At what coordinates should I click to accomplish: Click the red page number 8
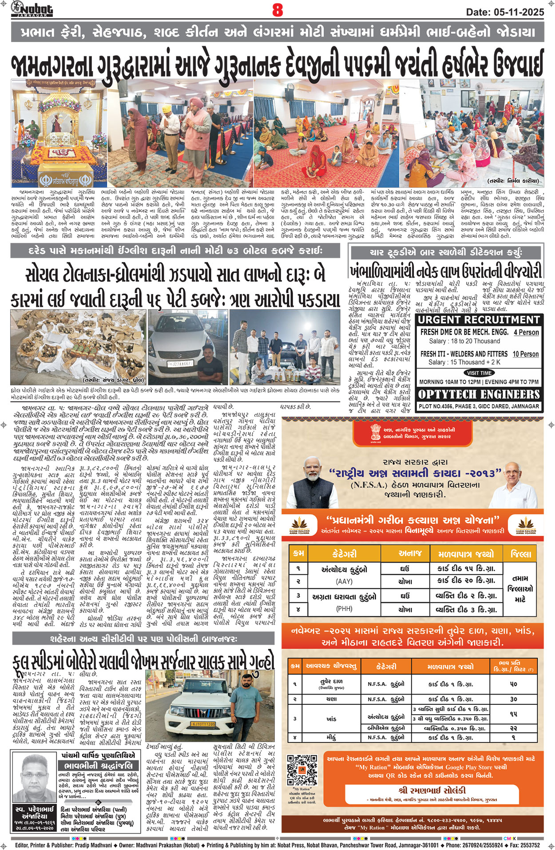[277, 10]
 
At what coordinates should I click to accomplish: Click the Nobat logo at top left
[32, 8]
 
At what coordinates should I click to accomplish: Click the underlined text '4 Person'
[526, 332]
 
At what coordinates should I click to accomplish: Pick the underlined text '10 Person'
[525, 354]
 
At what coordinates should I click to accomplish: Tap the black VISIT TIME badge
[479, 373]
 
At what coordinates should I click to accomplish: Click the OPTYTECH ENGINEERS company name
[479, 394]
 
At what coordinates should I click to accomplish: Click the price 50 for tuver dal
[513, 684]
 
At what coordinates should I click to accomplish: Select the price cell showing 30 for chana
[513, 699]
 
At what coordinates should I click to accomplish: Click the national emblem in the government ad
[376, 432]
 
